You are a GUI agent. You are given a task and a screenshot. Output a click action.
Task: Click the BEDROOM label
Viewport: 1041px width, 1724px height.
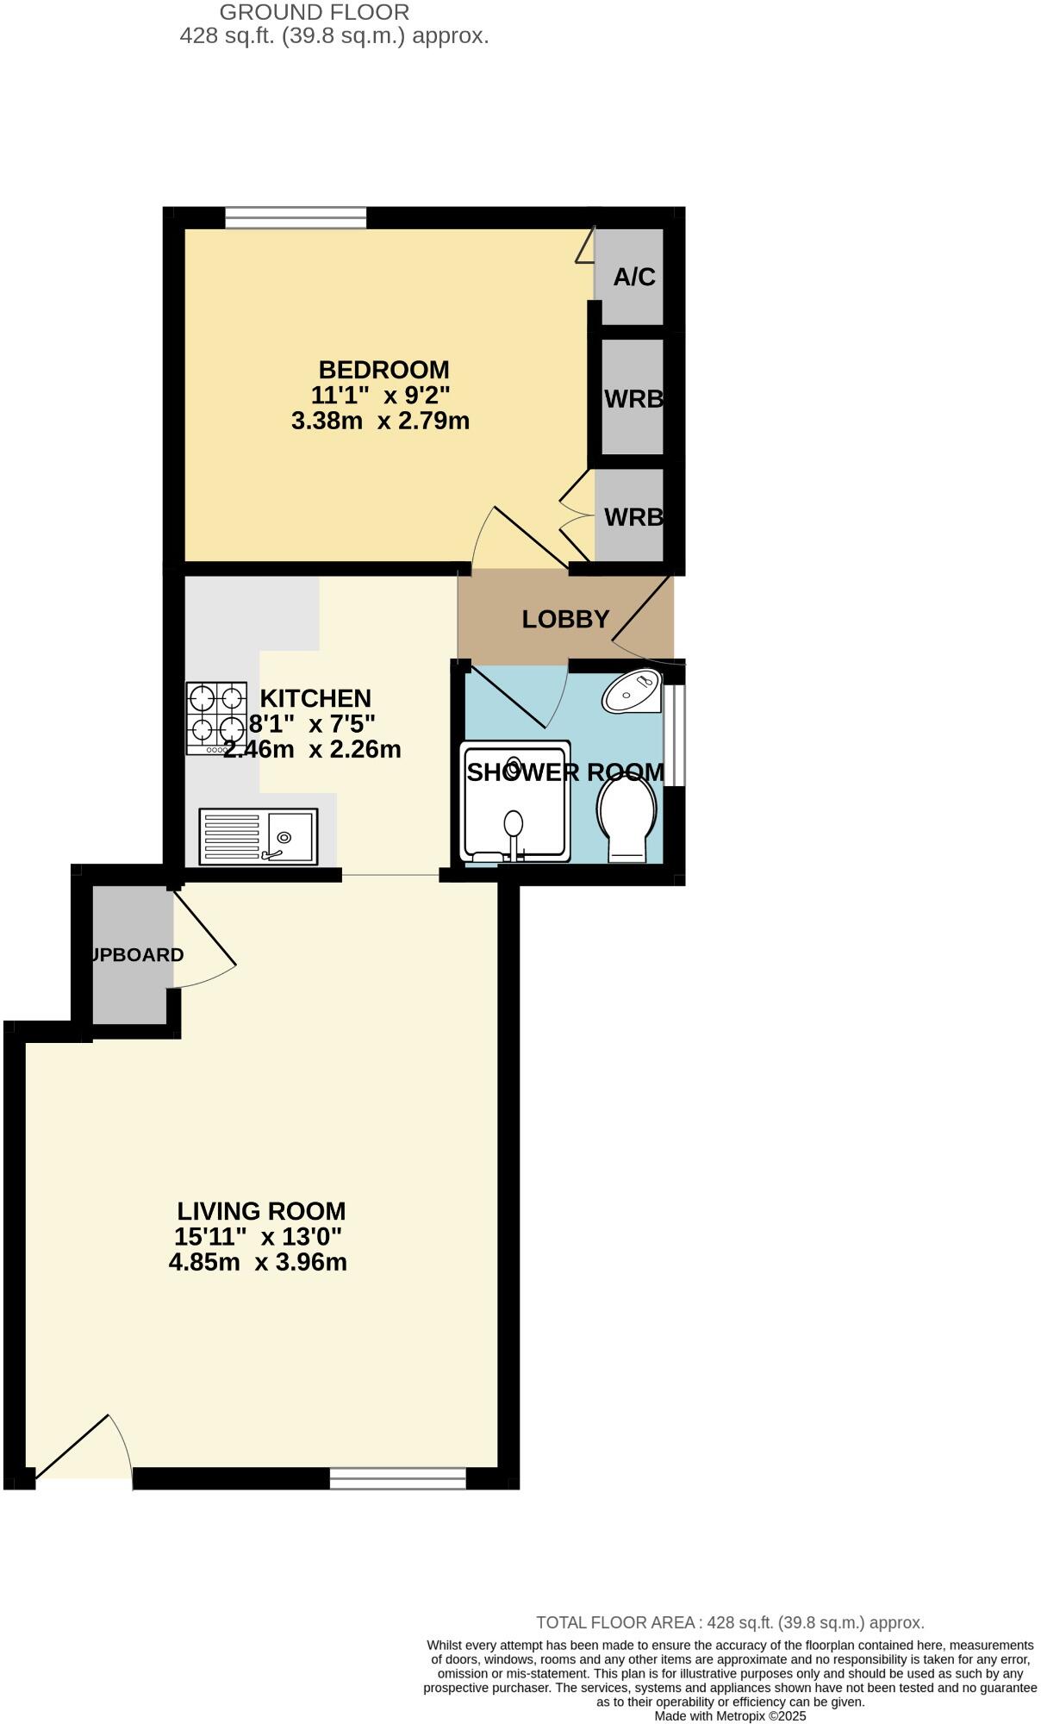(383, 370)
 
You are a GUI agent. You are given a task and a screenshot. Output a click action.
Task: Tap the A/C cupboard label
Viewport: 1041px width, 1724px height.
(634, 277)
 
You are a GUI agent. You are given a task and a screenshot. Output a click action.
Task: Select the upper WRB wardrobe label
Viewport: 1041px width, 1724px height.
(633, 399)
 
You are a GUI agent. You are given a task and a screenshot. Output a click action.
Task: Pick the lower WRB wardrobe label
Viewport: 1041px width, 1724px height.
(633, 517)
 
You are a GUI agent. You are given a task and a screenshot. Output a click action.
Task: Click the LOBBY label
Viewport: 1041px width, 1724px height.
(565, 619)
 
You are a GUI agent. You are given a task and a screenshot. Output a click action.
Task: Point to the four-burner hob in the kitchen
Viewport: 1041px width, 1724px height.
(216, 719)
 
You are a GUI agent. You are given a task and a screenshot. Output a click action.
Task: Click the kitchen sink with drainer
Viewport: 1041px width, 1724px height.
(259, 836)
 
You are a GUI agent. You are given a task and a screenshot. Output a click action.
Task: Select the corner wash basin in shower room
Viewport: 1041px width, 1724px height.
(633, 691)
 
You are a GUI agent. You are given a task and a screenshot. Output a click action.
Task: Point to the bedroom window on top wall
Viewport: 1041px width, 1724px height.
(296, 217)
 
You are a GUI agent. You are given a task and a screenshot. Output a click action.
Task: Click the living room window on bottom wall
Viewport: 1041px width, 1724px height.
(397, 1478)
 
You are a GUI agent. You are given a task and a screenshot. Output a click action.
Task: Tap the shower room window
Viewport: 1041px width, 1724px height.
(678, 735)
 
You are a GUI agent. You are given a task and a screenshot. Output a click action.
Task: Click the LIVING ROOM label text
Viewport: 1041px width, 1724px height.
(261, 1211)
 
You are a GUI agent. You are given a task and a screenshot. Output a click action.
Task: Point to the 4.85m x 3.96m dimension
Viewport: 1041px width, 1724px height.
(258, 1263)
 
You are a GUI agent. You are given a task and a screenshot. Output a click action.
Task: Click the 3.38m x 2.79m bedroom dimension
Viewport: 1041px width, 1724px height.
(380, 422)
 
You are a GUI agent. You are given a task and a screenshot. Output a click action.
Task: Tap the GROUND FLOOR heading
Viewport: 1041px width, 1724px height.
(315, 13)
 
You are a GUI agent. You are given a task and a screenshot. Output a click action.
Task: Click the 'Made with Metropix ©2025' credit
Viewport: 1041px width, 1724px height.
(730, 1715)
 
